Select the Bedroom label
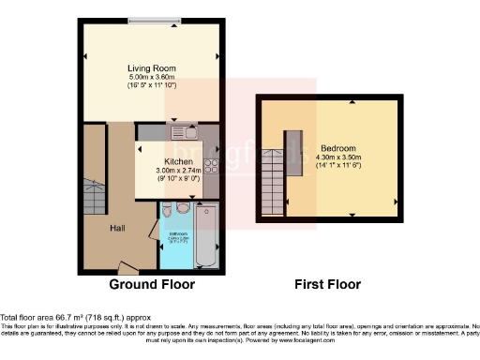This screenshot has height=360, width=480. coord(337,148)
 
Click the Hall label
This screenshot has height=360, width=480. coord(116,228)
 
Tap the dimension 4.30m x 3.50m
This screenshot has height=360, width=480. coord(337,157)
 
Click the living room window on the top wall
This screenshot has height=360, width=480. coord(156,22)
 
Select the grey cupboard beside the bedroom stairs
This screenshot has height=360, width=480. coord(293,161)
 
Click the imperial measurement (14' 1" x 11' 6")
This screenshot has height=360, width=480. coord(337,167)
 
